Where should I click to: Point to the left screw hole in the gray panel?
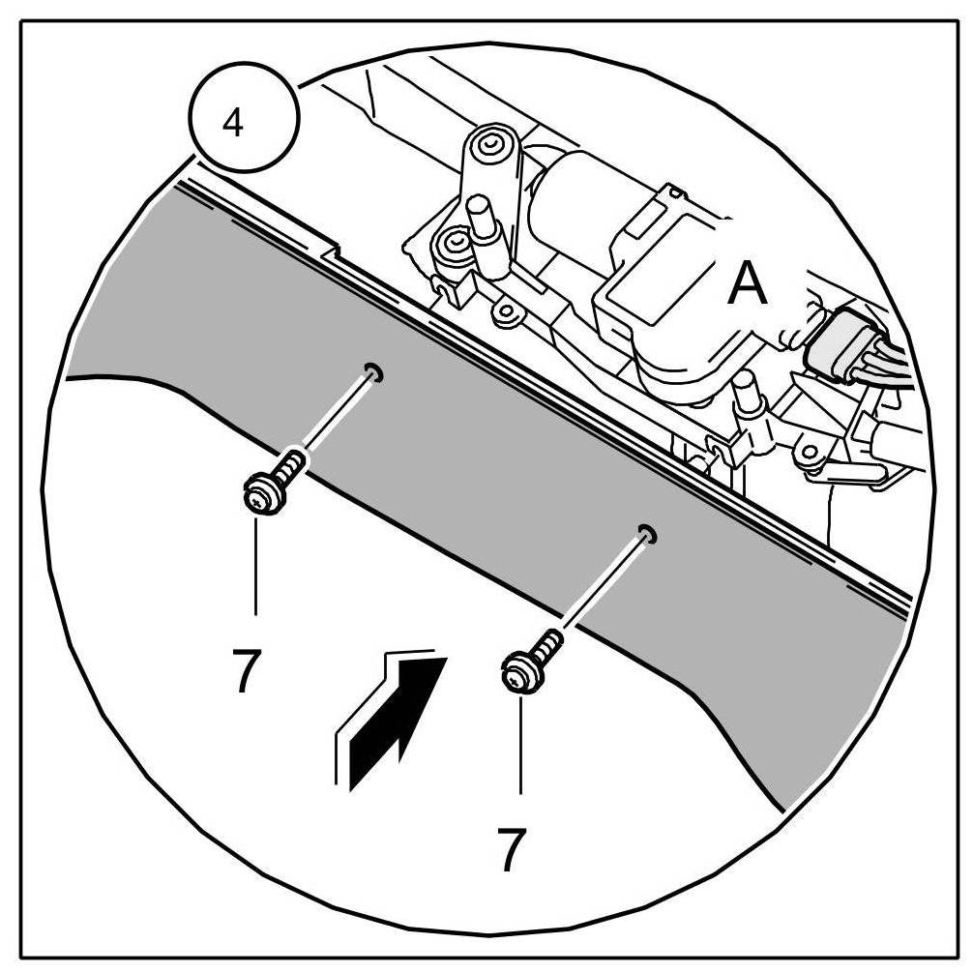pyautogui.click(x=373, y=372)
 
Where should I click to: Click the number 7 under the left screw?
pyautogui.click(x=246, y=669)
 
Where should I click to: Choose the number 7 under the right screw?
pyautogui.click(x=513, y=847)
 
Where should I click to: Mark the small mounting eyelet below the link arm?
pyautogui.click(x=503, y=311)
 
